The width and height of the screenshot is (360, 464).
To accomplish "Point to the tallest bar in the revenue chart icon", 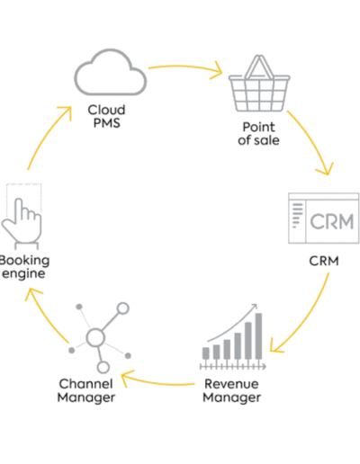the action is pos(258,335).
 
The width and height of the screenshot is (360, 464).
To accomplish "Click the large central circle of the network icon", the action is pos(95,337).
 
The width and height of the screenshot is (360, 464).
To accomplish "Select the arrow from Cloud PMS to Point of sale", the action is pos(186,67).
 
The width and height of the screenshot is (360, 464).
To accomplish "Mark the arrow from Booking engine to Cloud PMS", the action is pos(45,135).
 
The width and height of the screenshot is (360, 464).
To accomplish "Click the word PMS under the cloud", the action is pos(107,123).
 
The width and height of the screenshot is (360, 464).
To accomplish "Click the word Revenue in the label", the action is pos(231,384).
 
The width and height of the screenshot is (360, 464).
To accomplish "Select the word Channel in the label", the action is pos(85,384).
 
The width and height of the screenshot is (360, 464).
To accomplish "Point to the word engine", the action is pos(23,274).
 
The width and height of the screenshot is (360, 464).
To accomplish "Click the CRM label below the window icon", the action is pos(324,261).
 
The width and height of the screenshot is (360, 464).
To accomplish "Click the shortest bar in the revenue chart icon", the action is pos(206,353).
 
